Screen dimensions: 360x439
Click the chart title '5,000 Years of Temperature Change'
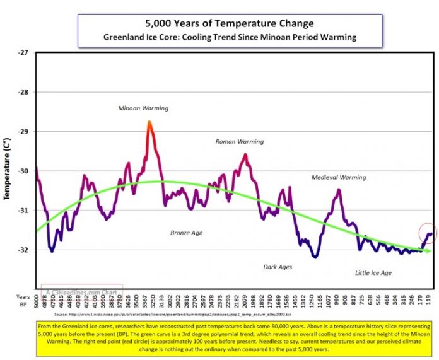220,24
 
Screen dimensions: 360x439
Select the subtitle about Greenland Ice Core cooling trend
220,37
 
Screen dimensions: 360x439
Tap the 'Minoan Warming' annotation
144,108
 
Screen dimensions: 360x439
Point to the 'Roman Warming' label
240,142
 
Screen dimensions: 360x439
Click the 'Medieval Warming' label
339,178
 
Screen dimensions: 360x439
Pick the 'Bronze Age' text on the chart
186,233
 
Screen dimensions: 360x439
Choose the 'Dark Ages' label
278,267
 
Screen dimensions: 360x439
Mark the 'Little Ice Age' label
373,273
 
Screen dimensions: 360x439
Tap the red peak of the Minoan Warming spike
149,122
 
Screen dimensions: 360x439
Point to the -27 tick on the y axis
23,53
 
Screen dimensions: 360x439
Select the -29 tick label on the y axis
23,132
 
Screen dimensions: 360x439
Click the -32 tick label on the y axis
23,250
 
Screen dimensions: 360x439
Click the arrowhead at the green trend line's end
428,251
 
